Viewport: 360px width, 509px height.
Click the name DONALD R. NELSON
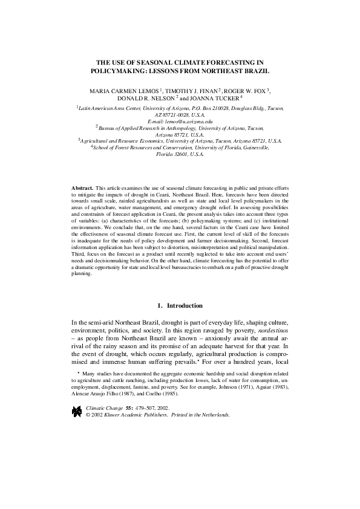[145, 97]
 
